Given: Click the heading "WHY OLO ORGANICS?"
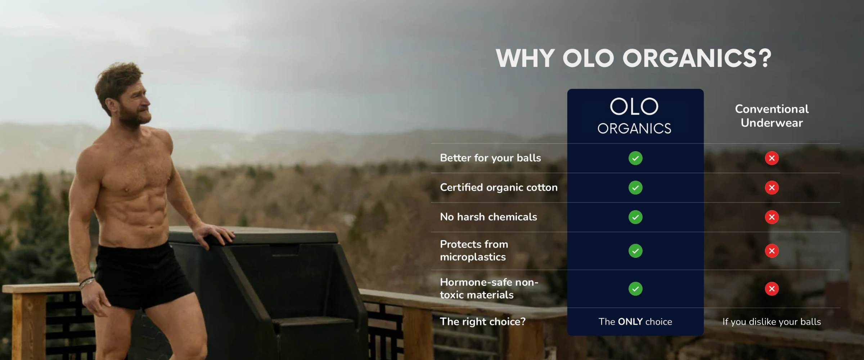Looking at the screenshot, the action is (x=634, y=58).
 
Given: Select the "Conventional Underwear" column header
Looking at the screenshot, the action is (x=772, y=116).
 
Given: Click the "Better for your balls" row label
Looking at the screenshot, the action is (x=490, y=158).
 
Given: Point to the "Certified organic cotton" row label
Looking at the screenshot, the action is (x=499, y=188).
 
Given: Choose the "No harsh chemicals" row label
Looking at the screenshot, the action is (x=489, y=217).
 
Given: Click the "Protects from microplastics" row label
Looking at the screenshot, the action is (x=474, y=251).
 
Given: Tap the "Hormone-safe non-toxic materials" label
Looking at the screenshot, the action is (x=489, y=288).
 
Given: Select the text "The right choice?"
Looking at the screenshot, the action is (x=483, y=321).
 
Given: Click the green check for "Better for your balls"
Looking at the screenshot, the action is (x=635, y=158).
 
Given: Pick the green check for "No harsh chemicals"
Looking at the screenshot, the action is (x=635, y=217).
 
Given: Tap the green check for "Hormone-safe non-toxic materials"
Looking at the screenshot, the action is (x=635, y=289).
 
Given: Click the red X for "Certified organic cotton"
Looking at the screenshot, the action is (x=772, y=188).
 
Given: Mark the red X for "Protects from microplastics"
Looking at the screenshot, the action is (x=772, y=251).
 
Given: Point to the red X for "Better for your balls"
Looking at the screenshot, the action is (x=772, y=158).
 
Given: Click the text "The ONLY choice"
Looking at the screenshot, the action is (x=635, y=321).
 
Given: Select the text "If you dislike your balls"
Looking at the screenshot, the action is (x=772, y=322).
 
